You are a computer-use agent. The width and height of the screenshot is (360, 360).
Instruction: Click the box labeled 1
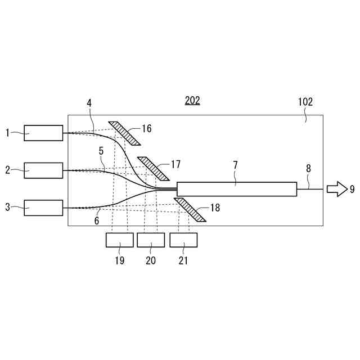(x=43, y=133)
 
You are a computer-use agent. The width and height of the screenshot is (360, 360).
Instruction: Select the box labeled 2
(x=43, y=170)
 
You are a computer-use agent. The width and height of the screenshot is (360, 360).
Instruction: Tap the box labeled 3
(x=43, y=208)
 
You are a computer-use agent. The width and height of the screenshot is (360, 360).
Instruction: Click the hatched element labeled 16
(x=124, y=133)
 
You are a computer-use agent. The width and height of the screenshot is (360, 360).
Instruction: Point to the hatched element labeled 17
(x=153, y=169)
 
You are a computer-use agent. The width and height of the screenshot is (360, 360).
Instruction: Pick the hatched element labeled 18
(x=190, y=210)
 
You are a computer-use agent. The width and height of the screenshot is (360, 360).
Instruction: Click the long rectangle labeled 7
(x=236, y=189)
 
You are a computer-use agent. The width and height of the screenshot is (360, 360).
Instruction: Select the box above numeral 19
(x=120, y=240)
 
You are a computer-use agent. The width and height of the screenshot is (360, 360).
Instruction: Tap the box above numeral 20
(x=151, y=240)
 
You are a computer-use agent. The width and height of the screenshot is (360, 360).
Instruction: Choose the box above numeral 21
(x=183, y=240)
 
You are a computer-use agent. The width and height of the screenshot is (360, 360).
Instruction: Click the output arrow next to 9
(x=337, y=189)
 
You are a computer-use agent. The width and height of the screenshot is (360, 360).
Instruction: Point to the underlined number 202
(x=192, y=101)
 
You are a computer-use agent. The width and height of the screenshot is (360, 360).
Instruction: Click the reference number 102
(x=305, y=102)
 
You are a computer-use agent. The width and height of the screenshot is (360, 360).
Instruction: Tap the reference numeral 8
(x=308, y=168)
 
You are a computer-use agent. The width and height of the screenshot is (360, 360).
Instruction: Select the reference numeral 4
(x=89, y=103)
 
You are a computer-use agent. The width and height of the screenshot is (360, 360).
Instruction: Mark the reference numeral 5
(x=101, y=151)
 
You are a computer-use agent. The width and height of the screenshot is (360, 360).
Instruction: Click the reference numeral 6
(x=97, y=221)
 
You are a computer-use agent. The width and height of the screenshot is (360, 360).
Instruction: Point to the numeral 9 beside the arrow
(x=352, y=189)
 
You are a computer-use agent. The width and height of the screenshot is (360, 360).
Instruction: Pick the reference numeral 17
(x=175, y=164)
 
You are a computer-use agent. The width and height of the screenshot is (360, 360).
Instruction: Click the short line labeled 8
(x=309, y=189)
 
